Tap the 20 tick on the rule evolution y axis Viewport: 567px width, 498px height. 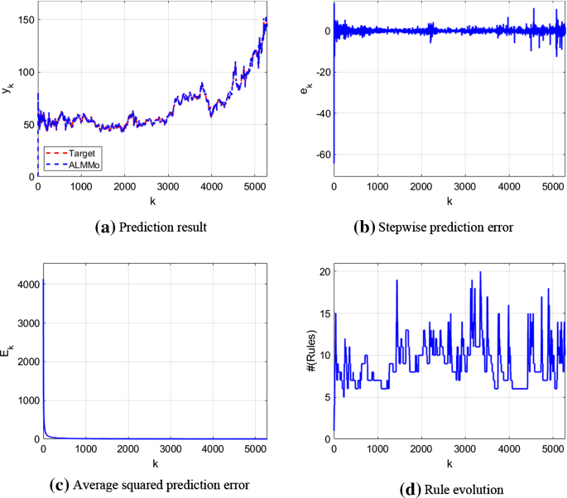click(x=323, y=272)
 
